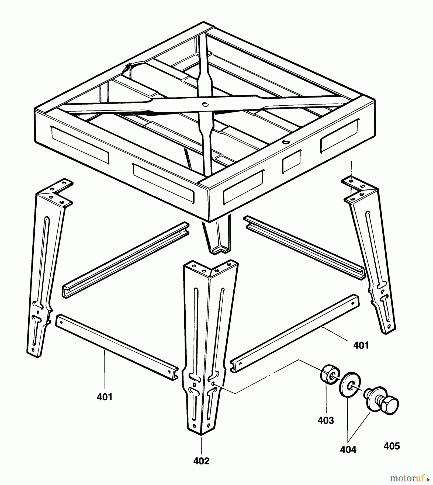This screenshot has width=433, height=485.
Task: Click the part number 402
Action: (201, 461)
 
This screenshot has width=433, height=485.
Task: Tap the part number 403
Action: (325, 420)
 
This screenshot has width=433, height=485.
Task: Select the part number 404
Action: (348, 449)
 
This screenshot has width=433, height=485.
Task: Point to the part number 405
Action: (392, 446)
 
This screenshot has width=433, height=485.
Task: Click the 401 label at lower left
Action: (105, 397)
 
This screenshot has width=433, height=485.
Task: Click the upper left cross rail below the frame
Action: (125, 260)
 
